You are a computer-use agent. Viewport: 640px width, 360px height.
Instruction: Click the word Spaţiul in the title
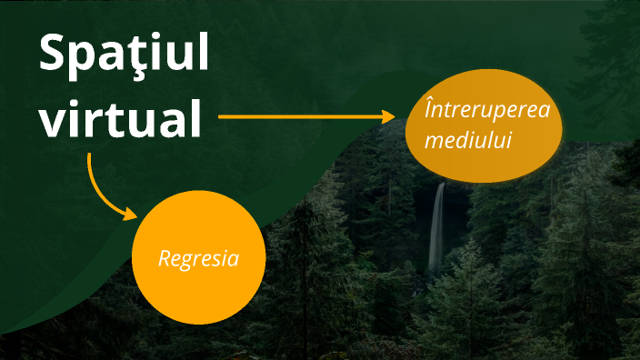click(124, 56)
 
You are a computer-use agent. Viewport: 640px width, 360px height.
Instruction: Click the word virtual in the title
click(120, 119)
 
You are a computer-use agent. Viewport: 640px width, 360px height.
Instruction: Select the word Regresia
click(198, 259)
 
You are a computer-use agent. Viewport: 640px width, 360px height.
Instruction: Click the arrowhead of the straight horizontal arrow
click(389, 117)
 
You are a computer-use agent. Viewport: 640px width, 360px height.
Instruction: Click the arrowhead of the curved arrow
click(130, 215)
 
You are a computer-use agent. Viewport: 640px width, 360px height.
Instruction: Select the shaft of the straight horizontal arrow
click(300, 117)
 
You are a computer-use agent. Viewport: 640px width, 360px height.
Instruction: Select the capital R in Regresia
click(165, 259)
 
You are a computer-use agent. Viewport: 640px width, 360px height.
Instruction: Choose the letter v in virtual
click(53, 123)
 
